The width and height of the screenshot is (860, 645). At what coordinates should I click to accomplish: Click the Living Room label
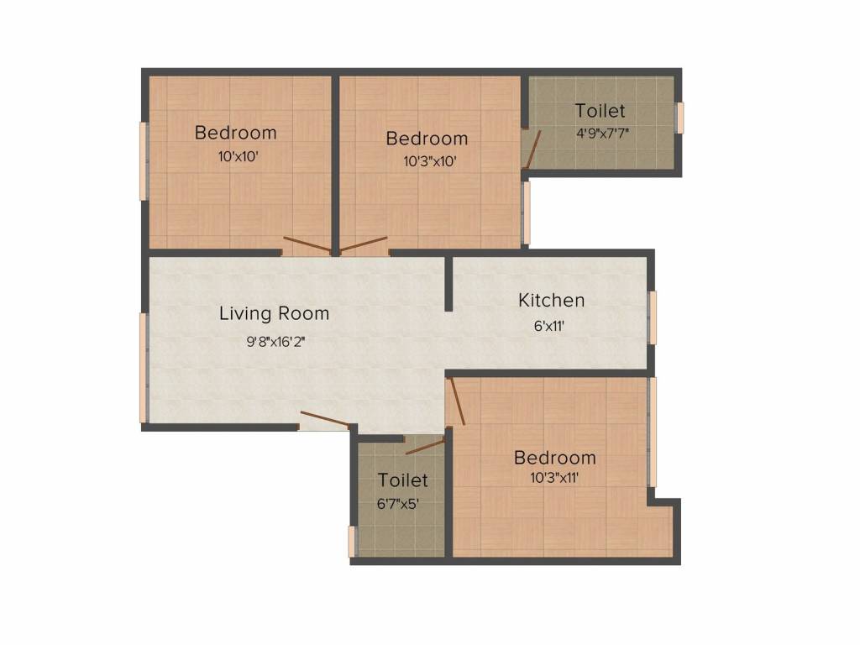click(274, 314)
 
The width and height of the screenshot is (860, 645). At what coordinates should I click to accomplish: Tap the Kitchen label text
click(551, 301)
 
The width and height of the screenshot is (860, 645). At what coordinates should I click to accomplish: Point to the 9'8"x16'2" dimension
click(275, 341)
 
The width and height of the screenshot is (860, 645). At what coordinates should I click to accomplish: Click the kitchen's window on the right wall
click(653, 317)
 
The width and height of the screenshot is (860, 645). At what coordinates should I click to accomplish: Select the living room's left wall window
click(144, 367)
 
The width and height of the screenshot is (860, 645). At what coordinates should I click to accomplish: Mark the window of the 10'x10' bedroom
click(144, 161)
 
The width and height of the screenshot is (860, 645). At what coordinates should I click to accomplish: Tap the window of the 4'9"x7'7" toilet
click(679, 117)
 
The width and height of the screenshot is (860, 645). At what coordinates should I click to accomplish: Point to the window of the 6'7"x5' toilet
click(352, 541)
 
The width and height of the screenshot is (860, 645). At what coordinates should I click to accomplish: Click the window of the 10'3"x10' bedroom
click(527, 213)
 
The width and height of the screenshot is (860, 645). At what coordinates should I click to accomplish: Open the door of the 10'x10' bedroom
click(308, 245)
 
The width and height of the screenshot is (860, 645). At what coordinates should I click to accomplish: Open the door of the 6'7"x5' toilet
click(425, 445)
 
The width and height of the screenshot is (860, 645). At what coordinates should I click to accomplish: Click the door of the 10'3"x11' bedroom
click(455, 401)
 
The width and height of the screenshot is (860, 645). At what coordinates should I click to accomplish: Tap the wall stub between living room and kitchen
click(448, 283)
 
